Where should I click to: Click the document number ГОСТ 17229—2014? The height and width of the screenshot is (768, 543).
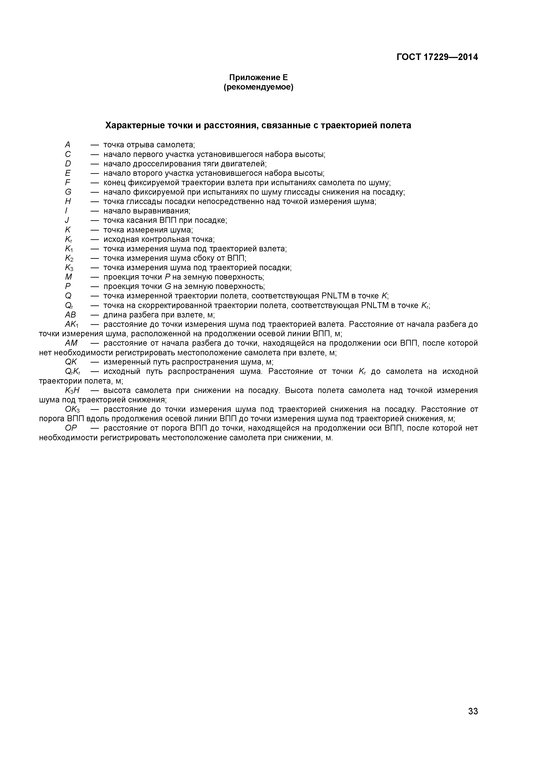(x=437, y=57)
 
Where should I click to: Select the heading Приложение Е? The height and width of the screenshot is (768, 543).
(x=258, y=78)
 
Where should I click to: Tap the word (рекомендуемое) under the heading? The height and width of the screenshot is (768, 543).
(x=258, y=87)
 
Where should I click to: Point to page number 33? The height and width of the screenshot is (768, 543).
(x=473, y=720)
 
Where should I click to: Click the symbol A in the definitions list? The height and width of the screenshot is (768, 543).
(x=68, y=145)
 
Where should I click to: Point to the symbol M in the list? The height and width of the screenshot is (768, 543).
(x=69, y=277)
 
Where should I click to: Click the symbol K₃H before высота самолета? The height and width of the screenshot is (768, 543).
(x=72, y=390)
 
